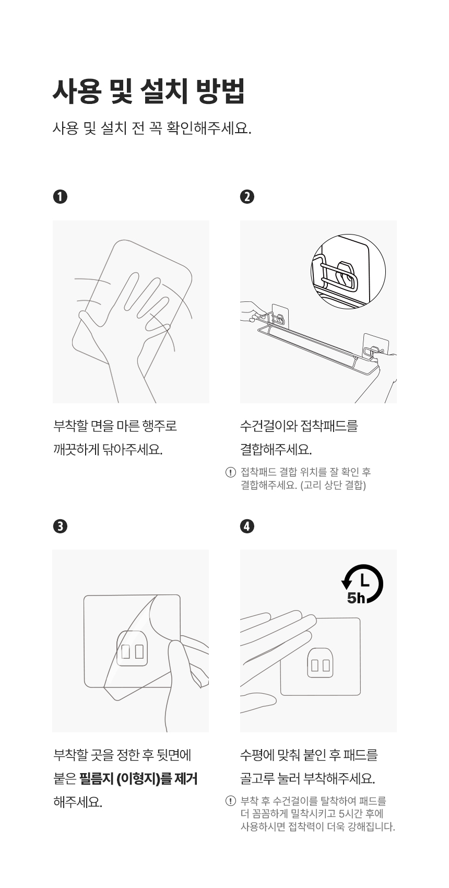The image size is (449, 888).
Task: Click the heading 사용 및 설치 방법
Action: (x=149, y=91)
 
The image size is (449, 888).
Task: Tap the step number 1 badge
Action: (x=60, y=196)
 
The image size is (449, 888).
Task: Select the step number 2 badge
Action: (x=247, y=196)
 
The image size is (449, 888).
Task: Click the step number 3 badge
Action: (x=60, y=526)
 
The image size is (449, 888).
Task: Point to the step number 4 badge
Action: (x=247, y=526)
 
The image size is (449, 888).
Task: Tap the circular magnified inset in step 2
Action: (x=348, y=272)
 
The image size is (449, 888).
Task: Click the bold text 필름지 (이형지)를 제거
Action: (x=138, y=779)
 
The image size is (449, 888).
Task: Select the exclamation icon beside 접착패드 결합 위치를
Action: (x=230, y=473)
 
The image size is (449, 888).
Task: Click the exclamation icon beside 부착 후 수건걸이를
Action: (x=230, y=801)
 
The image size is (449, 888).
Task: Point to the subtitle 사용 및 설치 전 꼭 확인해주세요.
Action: (x=152, y=128)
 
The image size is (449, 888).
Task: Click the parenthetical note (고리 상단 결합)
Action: (x=333, y=485)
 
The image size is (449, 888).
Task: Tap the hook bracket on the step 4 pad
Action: (x=320, y=662)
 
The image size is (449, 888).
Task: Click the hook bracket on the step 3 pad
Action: (x=133, y=648)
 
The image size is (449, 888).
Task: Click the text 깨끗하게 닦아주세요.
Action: (x=108, y=450)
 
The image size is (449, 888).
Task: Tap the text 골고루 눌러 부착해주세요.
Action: (x=308, y=779)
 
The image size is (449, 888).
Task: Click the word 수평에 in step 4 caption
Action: (x=257, y=755)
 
